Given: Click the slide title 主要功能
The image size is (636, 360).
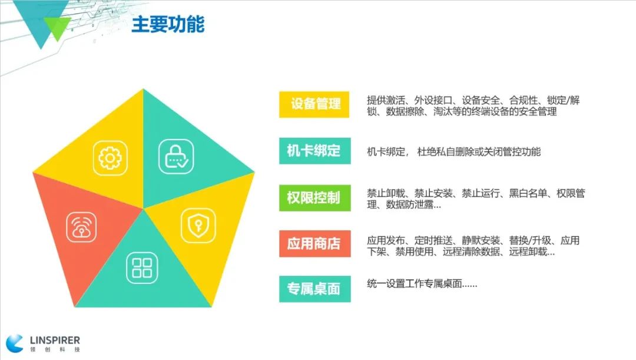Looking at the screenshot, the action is coord(168,24).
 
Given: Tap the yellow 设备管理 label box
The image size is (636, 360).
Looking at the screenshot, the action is coord(314,104).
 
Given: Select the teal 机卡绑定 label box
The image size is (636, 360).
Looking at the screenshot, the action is coord(314,151).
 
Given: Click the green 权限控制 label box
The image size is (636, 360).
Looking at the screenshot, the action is coord(314,197).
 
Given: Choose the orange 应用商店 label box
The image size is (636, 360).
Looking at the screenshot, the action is coord(314,243).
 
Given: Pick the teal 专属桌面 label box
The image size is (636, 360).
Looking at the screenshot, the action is coord(314,289).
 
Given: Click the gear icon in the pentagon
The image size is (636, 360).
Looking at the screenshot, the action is coord(110,158).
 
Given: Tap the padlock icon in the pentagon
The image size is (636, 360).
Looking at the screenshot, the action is coord(176,156).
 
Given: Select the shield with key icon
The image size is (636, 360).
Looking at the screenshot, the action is coord(198,226).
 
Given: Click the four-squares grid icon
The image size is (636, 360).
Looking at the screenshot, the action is coord(142,268).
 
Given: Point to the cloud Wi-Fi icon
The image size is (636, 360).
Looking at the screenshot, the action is coord(81,227).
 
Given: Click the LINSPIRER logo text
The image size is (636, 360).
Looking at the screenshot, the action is coord(55,340).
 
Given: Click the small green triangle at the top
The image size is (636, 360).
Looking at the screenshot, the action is coord(57,28).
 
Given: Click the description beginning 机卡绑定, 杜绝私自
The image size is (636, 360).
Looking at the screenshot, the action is coord(453,152).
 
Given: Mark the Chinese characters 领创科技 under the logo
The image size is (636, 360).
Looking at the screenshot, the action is coord(55,349).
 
